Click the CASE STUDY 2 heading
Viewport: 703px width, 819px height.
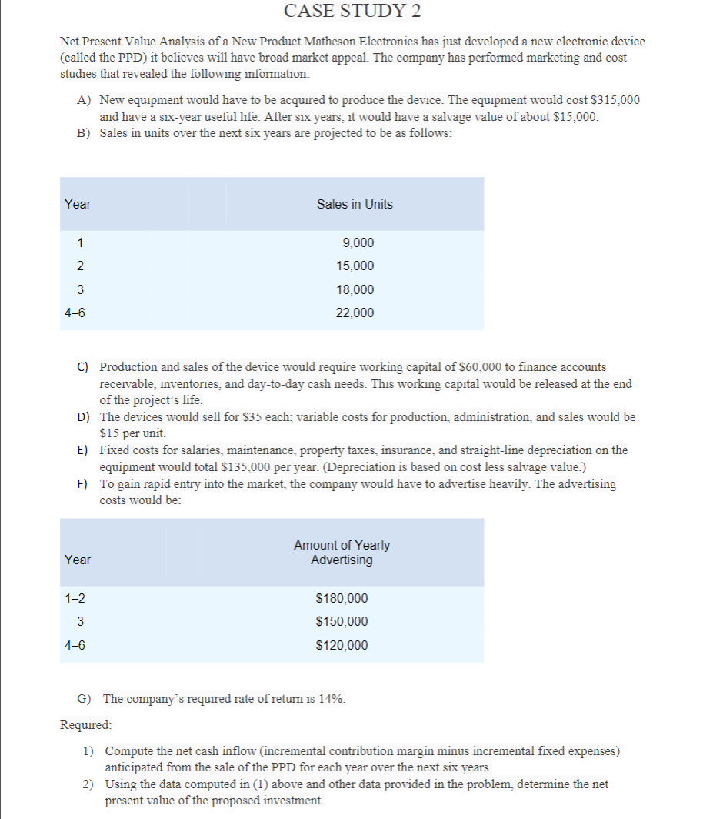352,12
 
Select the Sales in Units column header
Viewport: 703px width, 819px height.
355,204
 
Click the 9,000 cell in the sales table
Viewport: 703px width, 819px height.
358,243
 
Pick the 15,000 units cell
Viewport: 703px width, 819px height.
355,266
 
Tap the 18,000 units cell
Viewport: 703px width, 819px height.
355,290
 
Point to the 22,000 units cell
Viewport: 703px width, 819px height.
355,313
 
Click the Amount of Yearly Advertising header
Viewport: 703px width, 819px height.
342,553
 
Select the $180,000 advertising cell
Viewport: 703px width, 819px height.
342,599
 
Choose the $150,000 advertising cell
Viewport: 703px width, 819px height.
342,622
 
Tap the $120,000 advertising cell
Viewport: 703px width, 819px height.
342,646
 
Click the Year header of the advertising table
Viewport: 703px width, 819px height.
77,560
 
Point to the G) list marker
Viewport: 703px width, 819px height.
85,699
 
